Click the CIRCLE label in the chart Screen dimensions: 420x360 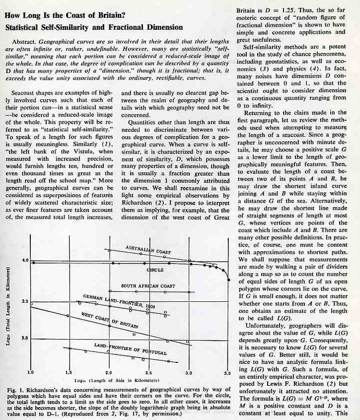(x=155, y=269)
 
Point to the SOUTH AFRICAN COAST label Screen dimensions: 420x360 (x=148, y=286)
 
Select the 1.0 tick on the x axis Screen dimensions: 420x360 (x=30, y=371)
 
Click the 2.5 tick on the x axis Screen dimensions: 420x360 (x=148, y=371)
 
